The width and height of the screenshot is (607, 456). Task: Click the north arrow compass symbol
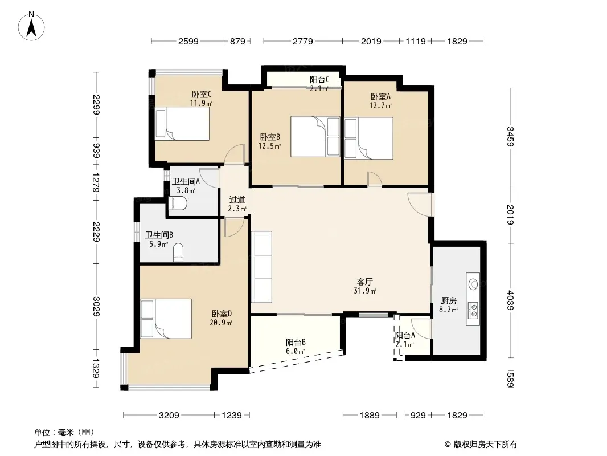point(31,26)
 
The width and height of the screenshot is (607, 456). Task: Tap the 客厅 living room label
point(364,282)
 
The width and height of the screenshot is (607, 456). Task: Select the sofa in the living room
point(262,267)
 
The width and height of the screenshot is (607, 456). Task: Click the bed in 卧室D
point(166,319)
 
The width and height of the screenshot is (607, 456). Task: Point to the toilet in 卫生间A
point(178,203)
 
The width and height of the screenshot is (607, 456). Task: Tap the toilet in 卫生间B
point(178,253)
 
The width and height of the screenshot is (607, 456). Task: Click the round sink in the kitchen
point(473,284)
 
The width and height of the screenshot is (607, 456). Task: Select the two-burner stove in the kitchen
point(473,310)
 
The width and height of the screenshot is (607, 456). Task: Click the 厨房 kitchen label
point(448,300)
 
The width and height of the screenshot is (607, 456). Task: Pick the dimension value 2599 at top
point(188,41)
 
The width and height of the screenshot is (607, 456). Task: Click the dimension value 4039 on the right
point(510,300)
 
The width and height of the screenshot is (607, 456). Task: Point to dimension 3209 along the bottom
point(169,416)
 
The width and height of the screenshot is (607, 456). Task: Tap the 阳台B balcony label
point(296,342)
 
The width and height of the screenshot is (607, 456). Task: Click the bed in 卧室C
point(182,124)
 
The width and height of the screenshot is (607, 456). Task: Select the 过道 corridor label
point(237,200)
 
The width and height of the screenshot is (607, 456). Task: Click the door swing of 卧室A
point(374,179)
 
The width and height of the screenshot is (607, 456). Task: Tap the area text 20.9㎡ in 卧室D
point(221,323)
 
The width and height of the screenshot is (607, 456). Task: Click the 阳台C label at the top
point(319,80)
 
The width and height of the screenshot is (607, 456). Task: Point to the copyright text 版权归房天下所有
point(485,445)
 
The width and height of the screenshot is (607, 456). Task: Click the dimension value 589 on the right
point(510,379)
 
